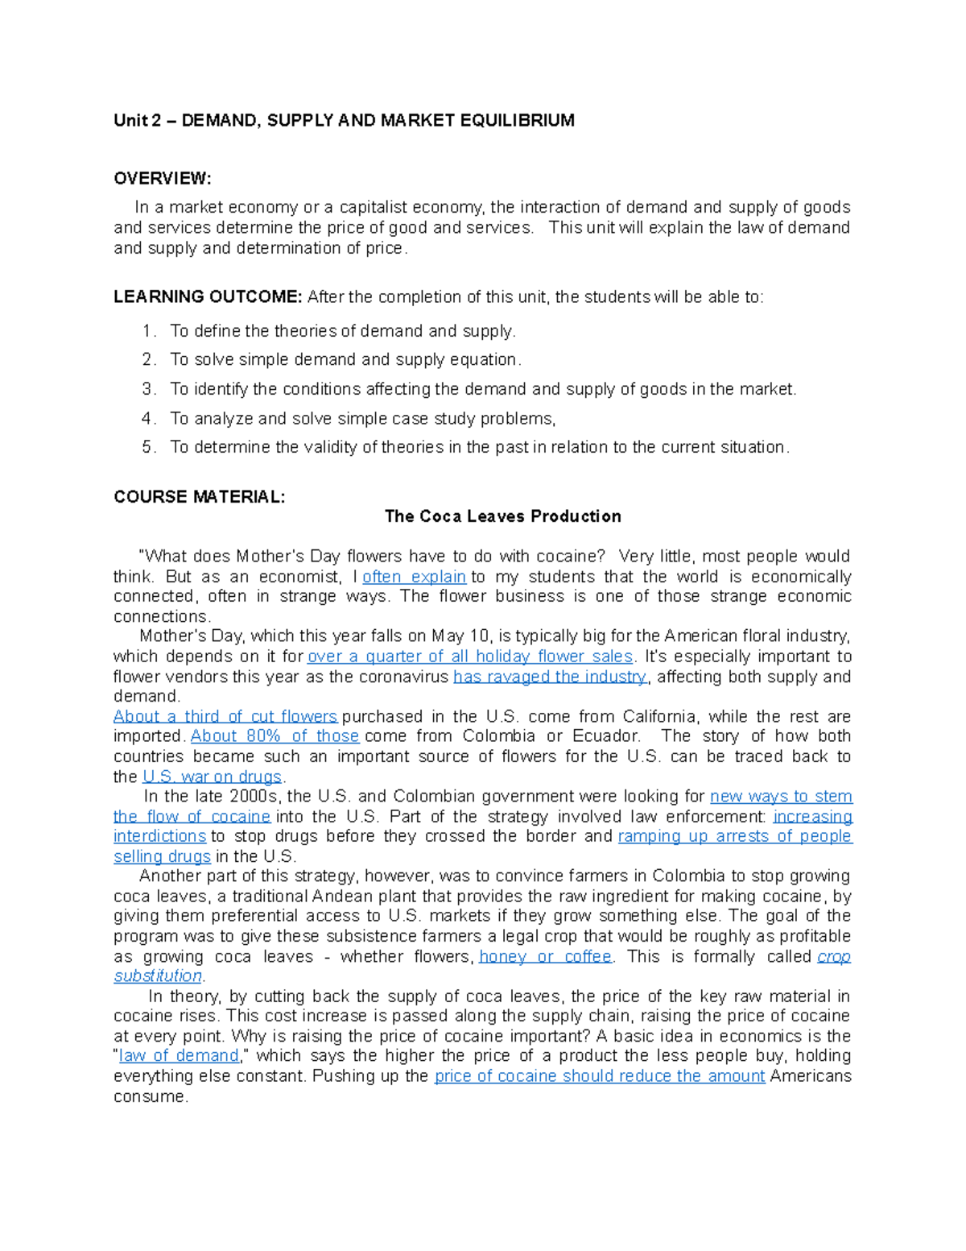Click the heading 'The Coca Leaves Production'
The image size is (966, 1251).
502,516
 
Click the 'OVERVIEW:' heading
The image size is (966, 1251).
162,178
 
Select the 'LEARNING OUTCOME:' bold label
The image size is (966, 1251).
208,296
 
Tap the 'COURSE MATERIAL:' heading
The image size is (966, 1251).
199,496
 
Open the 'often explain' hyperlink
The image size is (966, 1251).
414,577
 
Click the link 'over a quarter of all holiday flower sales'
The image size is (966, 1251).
470,657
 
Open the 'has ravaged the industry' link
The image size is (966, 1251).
550,677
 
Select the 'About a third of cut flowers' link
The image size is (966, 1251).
225,716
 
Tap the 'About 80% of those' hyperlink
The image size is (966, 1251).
275,735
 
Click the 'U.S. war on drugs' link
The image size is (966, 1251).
212,777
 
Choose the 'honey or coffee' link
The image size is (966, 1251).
546,956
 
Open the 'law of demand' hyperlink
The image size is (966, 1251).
179,1055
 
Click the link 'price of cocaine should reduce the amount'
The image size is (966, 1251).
600,1075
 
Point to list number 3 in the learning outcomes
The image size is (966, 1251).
148,389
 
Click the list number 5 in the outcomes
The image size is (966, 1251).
148,447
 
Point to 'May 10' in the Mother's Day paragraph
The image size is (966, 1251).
460,636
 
